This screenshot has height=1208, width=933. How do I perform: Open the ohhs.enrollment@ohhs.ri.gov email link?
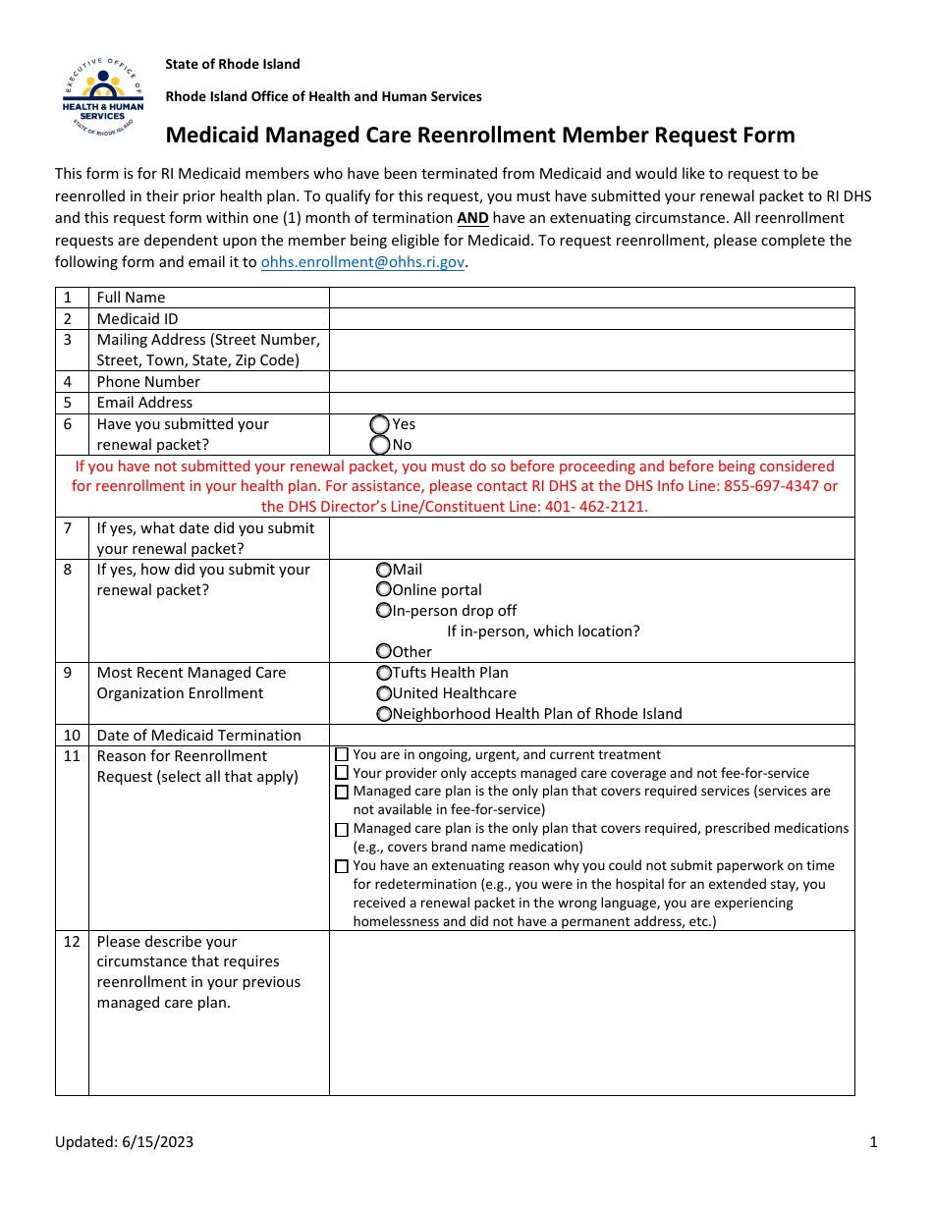[361, 262]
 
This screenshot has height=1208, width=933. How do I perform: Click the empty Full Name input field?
[591, 298]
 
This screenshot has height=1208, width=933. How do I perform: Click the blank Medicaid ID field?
[591, 319]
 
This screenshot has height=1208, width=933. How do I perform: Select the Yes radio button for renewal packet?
[380, 424]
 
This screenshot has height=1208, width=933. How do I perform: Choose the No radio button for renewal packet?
[380, 445]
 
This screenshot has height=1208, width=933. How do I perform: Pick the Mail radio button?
[384, 570]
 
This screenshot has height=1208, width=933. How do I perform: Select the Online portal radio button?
[384, 590]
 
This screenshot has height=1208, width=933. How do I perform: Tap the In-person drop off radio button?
[384, 611]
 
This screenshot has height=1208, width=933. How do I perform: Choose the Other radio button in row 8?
[384, 651]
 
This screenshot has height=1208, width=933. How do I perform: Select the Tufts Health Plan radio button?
[384, 673]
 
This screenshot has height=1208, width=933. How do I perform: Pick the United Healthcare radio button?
[384, 693]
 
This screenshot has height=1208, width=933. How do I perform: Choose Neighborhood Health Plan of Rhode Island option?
[384, 714]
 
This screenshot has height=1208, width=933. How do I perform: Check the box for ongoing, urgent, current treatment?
[342, 755]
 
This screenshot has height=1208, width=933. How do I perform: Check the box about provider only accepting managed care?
[342, 774]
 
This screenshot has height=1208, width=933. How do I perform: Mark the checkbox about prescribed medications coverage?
[342, 830]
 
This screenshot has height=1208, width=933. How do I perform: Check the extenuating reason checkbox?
[342, 866]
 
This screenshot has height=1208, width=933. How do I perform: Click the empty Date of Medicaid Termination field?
[591, 736]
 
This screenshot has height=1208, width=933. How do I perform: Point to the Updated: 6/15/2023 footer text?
[124, 1141]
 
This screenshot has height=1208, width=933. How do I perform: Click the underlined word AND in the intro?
[472, 218]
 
